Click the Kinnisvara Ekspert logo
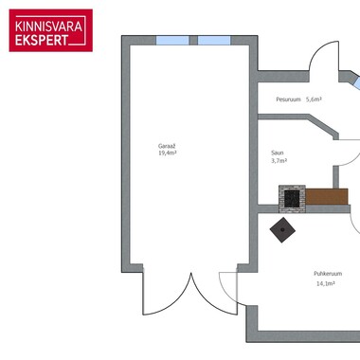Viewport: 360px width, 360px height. (x=51, y=30)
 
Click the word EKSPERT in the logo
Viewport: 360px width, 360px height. (x=42, y=40)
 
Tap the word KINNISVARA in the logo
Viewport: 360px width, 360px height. (x=48, y=27)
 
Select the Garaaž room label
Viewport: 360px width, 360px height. (x=167, y=146)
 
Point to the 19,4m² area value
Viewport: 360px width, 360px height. (x=167, y=153)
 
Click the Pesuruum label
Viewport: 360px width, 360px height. (x=288, y=99)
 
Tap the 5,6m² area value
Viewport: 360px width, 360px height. (x=314, y=99)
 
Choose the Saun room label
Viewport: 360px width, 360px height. (x=278, y=153)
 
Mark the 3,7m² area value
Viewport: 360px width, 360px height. (x=279, y=161)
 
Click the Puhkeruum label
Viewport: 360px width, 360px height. (x=328, y=274)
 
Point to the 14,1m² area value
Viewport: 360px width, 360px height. (x=326, y=283)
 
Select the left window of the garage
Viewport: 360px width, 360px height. (x=172, y=41)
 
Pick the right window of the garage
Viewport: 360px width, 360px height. (x=214, y=41)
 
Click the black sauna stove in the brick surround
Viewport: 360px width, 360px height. (x=292, y=198)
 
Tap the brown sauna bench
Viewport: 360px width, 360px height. (x=327, y=196)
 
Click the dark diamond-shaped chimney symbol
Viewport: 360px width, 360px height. (x=282, y=230)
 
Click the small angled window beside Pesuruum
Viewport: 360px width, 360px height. (x=357, y=83)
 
